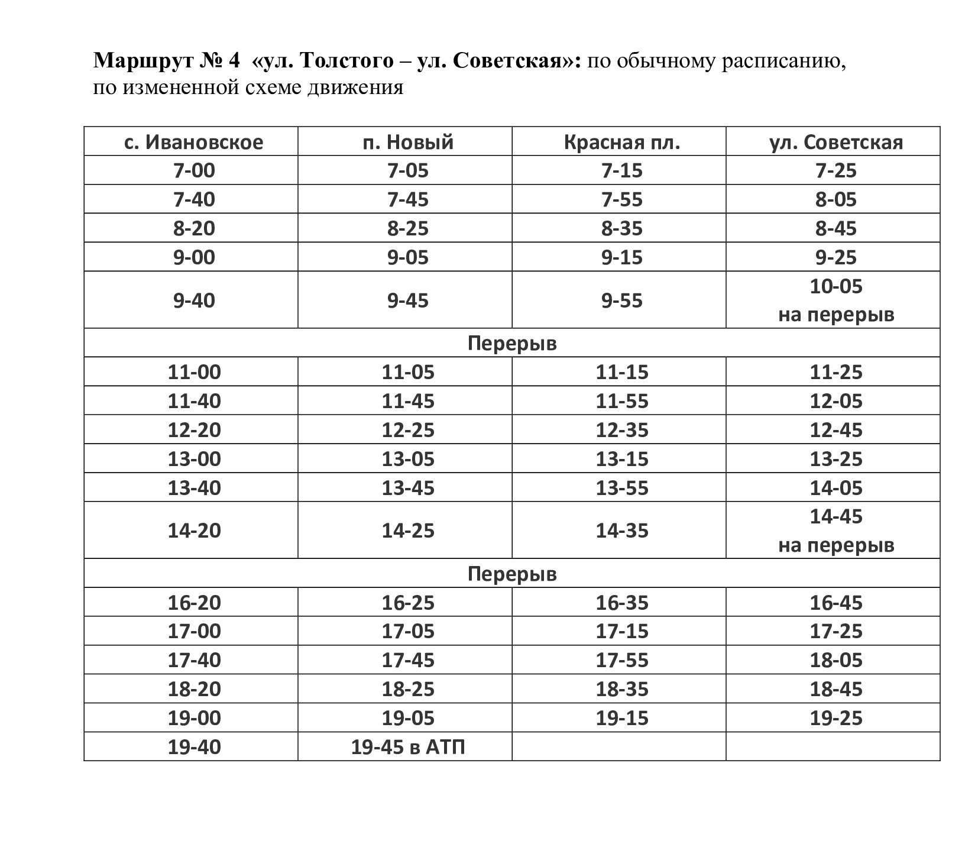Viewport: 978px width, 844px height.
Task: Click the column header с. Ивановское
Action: tap(194, 143)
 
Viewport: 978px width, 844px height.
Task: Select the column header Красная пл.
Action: tap(622, 143)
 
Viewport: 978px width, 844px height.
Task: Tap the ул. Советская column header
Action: tap(835, 143)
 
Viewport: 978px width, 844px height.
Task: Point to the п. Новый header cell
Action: tap(408, 143)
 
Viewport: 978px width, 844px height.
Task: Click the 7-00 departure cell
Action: tap(194, 171)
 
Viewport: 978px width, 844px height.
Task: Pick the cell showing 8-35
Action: tap(622, 229)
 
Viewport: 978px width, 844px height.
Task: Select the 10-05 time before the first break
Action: tap(835, 287)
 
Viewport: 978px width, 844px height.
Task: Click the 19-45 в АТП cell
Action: tap(408, 747)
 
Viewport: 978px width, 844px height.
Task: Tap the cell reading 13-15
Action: tap(622, 460)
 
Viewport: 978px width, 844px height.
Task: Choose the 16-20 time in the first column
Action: tap(194, 603)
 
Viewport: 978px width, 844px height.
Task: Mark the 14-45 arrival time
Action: tap(835, 517)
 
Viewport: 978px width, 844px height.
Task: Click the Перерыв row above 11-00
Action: tap(512, 344)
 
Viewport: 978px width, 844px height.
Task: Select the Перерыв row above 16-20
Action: tap(512, 574)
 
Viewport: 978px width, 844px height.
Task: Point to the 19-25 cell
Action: tap(835, 719)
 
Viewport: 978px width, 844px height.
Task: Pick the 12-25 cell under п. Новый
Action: tap(408, 431)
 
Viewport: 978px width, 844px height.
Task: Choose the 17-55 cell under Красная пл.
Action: tap(622, 661)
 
